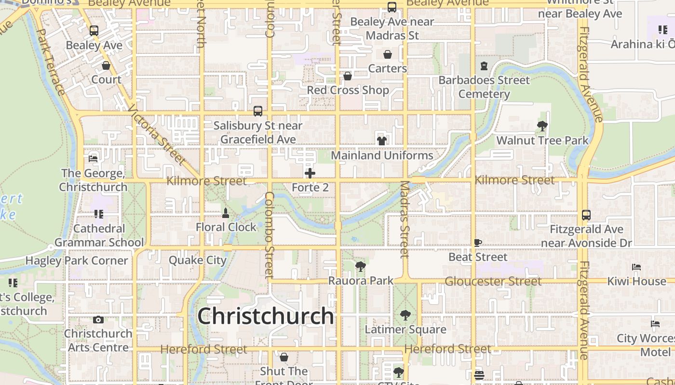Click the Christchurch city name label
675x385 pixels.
pyautogui.click(x=266, y=316)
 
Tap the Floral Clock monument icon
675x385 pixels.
pyautogui.click(x=225, y=212)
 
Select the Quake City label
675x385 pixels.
pyautogui.click(x=197, y=260)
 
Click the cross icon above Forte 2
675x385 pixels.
pyautogui.click(x=310, y=173)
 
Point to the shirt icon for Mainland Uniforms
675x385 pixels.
pyautogui.click(x=382, y=141)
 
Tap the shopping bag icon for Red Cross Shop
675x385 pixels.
pyautogui.click(x=348, y=76)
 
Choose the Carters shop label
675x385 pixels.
pyautogui.click(x=388, y=68)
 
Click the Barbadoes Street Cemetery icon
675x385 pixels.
pyautogui.click(x=484, y=65)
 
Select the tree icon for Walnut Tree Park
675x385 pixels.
pyautogui.click(x=542, y=126)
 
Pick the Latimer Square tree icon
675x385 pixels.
pyautogui.click(x=405, y=315)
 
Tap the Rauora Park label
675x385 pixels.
pyautogui.click(x=361, y=281)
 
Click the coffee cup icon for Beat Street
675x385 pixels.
pyautogui.click(x=478, y=243)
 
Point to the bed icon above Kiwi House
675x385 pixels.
pyautogui.click(x=636, y=267)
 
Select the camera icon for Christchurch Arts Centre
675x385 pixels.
pyautogui.click(x=98, y=320)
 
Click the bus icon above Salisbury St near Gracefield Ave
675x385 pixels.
pyautogui.click(x=258, y=111)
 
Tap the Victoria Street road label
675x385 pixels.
pyautogui.click(x=157, y=135)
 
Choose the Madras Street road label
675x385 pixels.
pyautogui.click(x=405, y=219)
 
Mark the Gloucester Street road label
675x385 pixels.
pyautogui.click(x=493, y=281)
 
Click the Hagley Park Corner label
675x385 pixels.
pyautogui.click(x=77, y=261)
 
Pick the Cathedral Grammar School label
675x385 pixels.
pyautogui.click(x=99, y=235)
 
